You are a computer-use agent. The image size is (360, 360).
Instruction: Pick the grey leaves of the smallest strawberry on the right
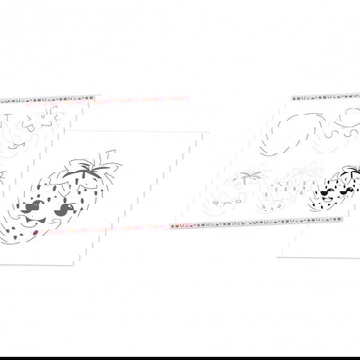point(253,174)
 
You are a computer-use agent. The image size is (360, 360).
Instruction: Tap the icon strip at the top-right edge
point(326,99)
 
